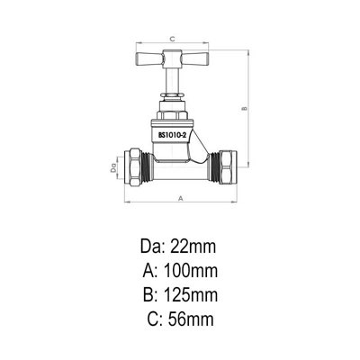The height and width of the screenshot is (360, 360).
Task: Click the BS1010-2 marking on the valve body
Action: click(173, 134)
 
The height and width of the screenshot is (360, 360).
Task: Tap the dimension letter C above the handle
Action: click(172, 39)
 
